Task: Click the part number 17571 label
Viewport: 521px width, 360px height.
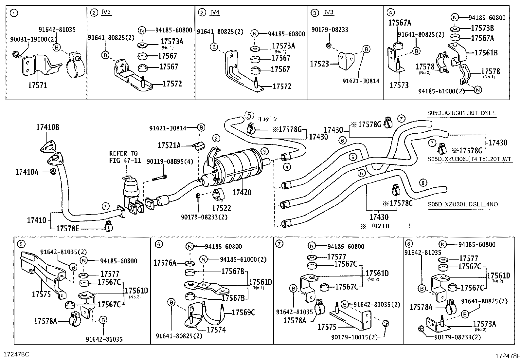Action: coord(38,86)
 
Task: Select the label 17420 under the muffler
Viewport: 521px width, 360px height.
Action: coord(242,192)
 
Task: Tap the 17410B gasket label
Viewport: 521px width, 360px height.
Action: coord(47,127)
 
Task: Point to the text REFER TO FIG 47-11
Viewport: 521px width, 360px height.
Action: coord(123,157)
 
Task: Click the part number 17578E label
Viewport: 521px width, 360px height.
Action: coord(68,228)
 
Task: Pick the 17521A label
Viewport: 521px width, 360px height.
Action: coord(169,145)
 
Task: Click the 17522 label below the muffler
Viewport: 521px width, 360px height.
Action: coord(221,208)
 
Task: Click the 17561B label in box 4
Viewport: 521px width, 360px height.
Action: coord(486,52)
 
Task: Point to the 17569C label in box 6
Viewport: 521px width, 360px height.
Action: coord(243,313)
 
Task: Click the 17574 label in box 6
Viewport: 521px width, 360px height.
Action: coord(216,330)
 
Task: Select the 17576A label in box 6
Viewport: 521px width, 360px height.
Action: coord(165,262)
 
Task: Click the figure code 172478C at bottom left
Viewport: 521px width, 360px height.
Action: coord(16,354)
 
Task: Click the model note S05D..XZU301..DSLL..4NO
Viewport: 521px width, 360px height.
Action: coord(463,204)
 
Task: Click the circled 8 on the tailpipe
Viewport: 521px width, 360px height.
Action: coord(423,183)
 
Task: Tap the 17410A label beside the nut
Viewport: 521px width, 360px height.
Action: coord(27,171)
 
